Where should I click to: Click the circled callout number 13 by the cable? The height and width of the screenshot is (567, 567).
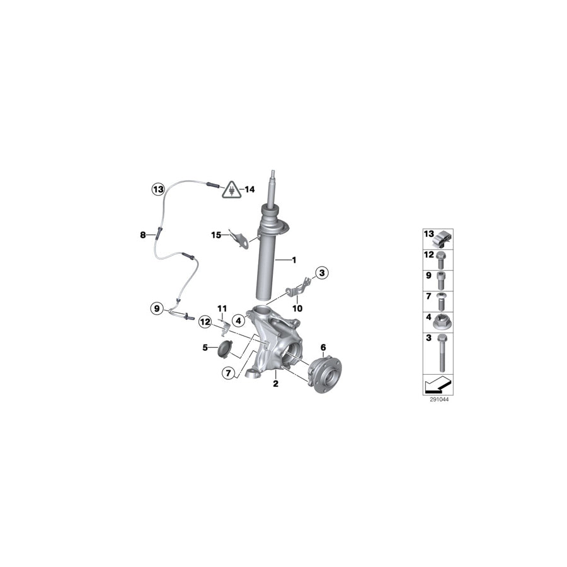click(158, 189)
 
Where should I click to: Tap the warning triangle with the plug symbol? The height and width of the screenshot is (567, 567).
click(231, 190)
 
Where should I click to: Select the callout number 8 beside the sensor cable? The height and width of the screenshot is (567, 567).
click(143, 235)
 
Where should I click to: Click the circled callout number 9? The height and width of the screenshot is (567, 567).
click(157, 309)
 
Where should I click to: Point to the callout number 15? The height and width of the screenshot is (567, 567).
click(216, 236)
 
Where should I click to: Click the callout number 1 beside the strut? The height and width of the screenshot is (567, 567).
click(294, 260)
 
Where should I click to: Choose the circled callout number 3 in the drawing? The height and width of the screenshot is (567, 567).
click(322, 273)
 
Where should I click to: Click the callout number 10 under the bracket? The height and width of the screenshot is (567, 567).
click(297, 309)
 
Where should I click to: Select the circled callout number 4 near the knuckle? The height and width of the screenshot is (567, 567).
click(238, 321)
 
